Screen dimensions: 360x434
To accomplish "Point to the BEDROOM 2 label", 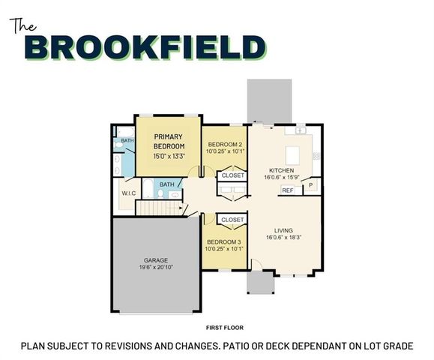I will [224, 143].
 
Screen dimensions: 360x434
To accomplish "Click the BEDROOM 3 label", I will [224, 241].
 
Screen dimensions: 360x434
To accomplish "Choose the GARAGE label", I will [156, 259].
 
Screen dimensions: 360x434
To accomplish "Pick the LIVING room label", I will [283, 230].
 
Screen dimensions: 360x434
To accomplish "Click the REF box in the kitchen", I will [288, 190].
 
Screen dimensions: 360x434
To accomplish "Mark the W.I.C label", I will [128, 193].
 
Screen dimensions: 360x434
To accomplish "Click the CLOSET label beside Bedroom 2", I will [231, 175].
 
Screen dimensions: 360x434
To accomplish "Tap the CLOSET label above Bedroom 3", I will [232, 220].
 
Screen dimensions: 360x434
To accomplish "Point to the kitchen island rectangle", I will [293, 154].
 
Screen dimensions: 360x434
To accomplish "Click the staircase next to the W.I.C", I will [163, 207].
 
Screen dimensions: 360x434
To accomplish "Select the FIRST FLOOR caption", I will [225, 328].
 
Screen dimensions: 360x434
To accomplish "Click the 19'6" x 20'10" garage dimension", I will [157, 268].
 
